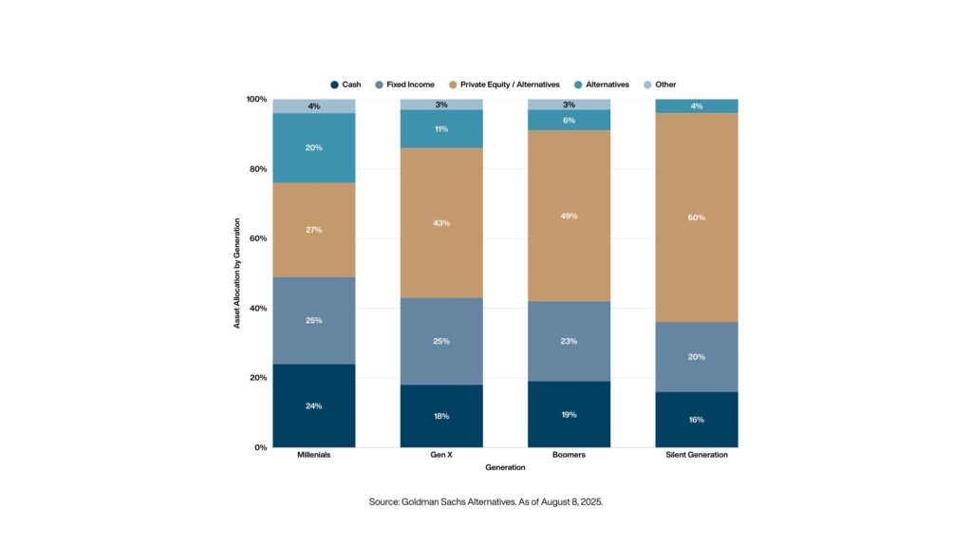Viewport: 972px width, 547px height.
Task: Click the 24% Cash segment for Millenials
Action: (x=314, y=406)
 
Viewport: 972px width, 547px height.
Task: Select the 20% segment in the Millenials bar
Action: (x=314, y=148)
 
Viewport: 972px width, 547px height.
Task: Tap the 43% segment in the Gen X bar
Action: (x=441, y=223)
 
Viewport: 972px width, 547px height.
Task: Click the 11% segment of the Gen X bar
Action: (x=441, y=129)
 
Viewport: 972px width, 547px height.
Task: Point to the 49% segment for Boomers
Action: (x=569, y=216)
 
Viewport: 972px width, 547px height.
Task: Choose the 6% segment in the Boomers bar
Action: (x=569, y=120)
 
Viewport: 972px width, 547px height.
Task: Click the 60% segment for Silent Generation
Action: (x=697, y=217)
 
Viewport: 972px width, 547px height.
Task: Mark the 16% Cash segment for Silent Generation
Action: (x=697, y=419)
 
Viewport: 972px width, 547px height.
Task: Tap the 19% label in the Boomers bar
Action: (x=569, y=415)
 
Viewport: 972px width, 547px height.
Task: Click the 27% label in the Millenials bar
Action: (x=314, y=230)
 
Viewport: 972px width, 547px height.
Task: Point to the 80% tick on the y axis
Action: (x=256, y=169)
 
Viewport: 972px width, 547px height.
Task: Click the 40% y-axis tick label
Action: (x=256, y=309)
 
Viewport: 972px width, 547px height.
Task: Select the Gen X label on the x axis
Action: (x=441, y=455)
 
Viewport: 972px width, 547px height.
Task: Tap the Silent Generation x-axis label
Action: (x=697, y=455)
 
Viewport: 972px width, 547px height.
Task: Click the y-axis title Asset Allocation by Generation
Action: (x=237, y=273)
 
